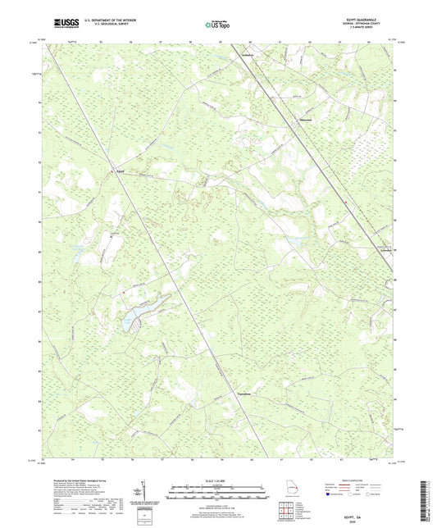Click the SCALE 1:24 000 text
(217, 480)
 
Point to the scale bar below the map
(217, 494)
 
